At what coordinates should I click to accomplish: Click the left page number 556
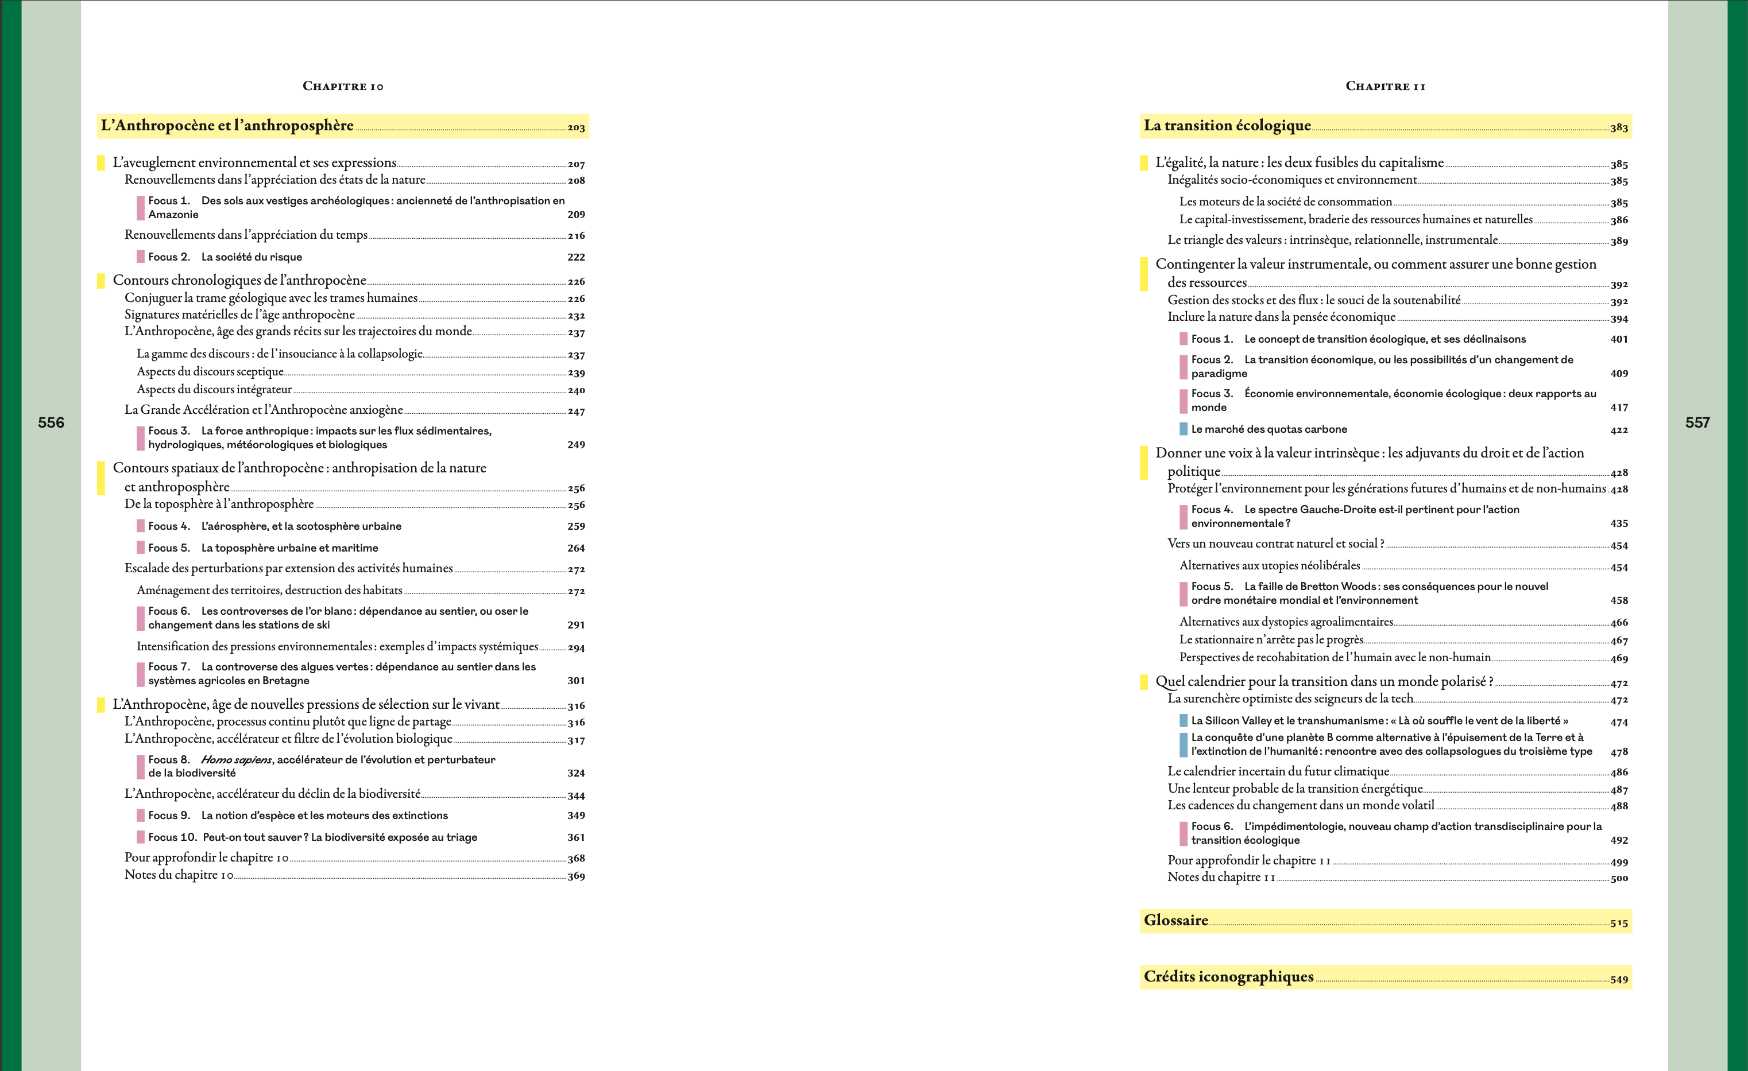(51, 423)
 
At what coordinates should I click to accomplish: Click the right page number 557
(1697, 423)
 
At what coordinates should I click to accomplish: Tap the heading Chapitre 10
(343, 87)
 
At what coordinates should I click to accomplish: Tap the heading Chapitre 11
(1385, 87)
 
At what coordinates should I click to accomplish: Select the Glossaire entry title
(1175, 921)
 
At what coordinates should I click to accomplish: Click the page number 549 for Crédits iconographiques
(1619, 980)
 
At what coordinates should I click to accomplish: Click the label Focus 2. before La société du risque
(169, 257)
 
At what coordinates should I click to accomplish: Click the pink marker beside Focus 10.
(141, 837)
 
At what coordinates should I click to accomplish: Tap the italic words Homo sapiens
(236, 760)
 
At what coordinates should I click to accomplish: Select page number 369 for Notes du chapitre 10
(576, 876)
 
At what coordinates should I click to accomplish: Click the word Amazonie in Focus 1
(173, 215)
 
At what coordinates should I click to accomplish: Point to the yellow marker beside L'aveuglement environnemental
(100, 163)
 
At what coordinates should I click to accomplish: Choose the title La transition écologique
(1227, 126)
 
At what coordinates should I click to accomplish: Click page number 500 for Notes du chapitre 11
(1619, 879)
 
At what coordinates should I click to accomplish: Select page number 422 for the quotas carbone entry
(1619, 430)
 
